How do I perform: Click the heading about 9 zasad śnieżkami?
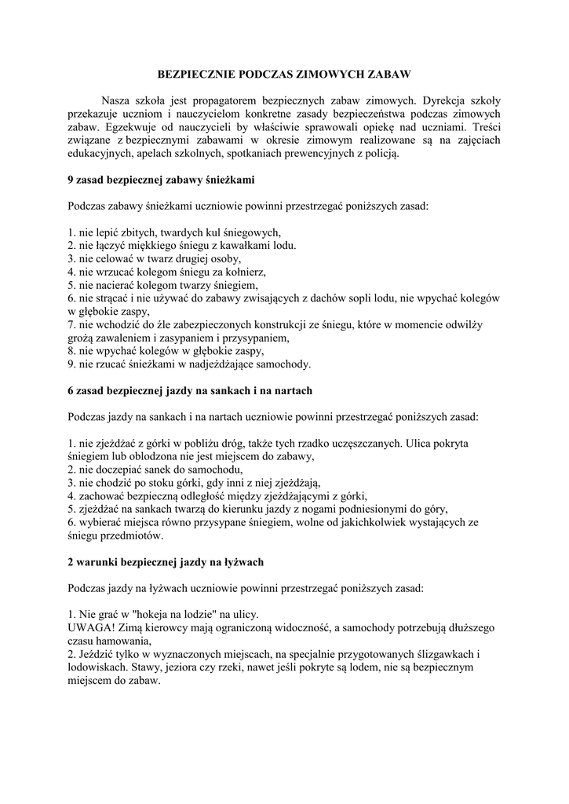[161, 180]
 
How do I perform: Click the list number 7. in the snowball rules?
[73, 325]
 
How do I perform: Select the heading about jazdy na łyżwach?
[166, 562]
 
